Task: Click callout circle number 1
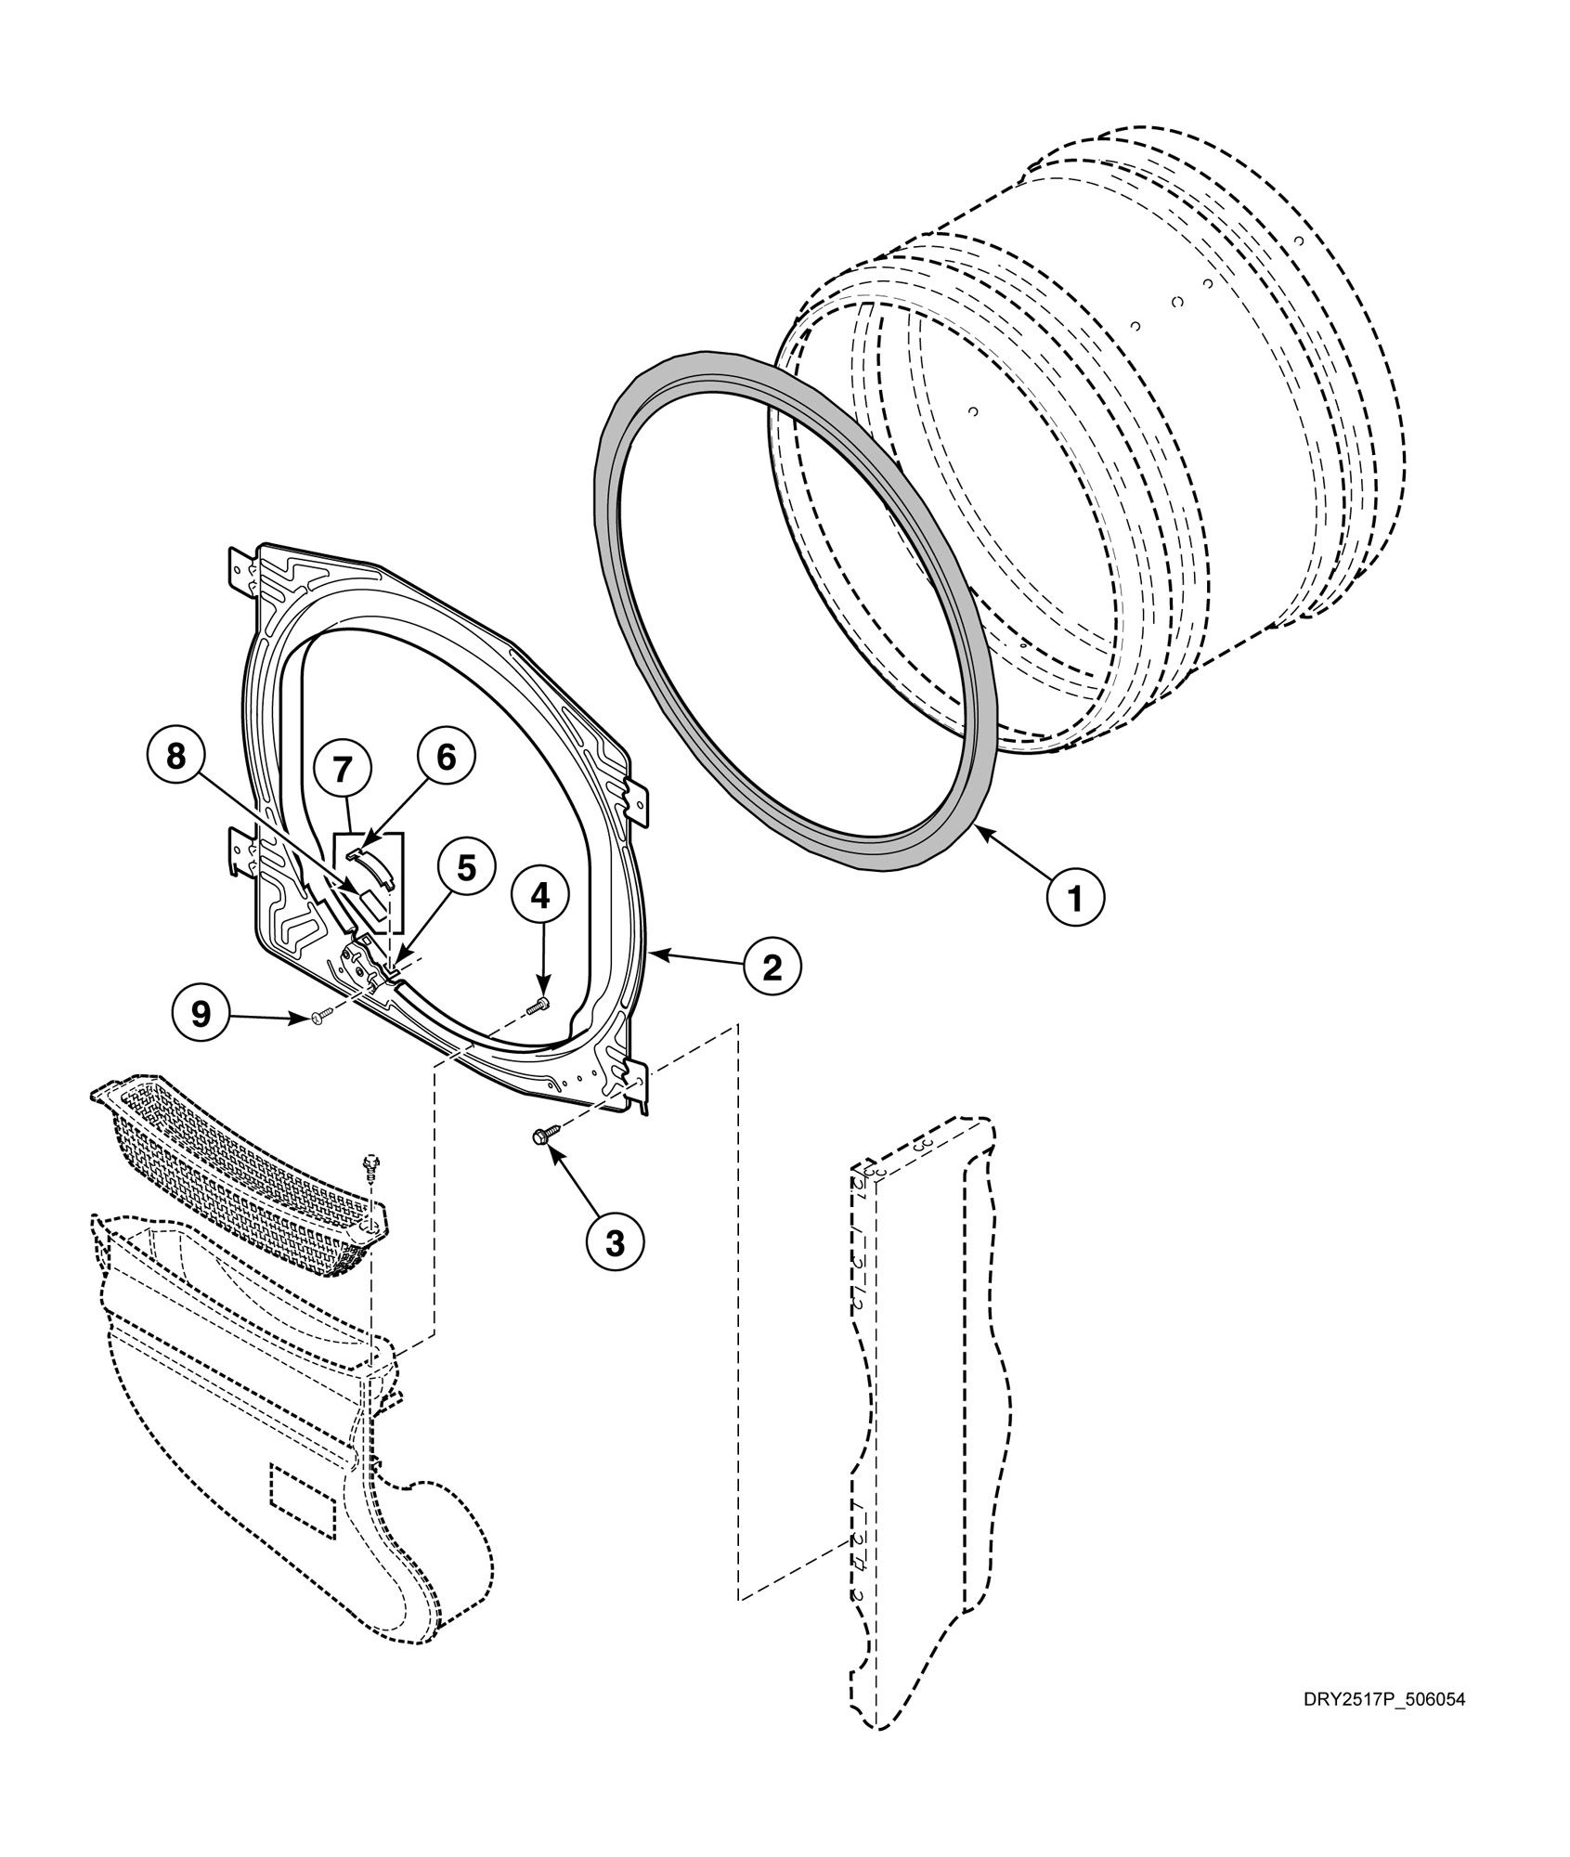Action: (1075, 898)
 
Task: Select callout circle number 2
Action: (772, 968)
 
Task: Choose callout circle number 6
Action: (446, 758)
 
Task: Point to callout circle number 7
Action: (342, 769)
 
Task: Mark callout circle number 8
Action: (175, 758)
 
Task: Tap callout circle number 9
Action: (201, 1014)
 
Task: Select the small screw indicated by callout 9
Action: (319, 1019)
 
